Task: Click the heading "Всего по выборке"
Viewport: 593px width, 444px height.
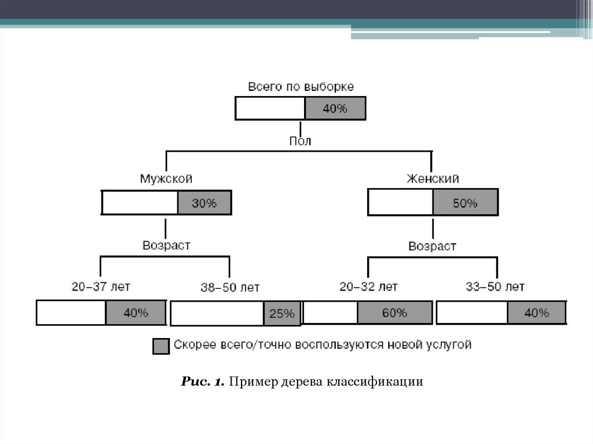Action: click(301, 87)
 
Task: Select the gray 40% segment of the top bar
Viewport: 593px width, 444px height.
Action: click(335, 108)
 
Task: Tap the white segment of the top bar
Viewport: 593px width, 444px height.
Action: click(270, 108)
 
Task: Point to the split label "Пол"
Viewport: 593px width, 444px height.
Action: click(300, 141)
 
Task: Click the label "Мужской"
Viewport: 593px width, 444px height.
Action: click(166, 178)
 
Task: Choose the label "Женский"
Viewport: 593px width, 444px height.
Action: click(433, 178)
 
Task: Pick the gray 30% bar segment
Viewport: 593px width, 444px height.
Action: click(204, 203)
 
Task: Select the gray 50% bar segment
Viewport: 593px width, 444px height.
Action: click(464, 203)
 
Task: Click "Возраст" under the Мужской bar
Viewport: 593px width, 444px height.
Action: click(166, 245)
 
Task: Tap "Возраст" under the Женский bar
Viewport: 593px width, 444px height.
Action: click(432, 246)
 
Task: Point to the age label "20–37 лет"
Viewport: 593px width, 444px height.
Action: click(101, 286)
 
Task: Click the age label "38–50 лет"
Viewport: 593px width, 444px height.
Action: click(230, 287)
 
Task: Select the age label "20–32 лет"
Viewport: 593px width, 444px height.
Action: click(368, 286)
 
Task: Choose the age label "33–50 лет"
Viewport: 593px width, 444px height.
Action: click(495, 286)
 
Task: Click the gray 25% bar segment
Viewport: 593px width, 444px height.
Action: click(282, 314)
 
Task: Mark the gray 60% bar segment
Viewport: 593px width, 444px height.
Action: click(394, 313)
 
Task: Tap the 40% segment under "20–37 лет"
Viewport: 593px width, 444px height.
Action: click(136, 313)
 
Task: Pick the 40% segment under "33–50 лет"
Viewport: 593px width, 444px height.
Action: click(536, 313)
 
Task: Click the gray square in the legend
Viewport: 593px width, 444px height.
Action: click(160, 346)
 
